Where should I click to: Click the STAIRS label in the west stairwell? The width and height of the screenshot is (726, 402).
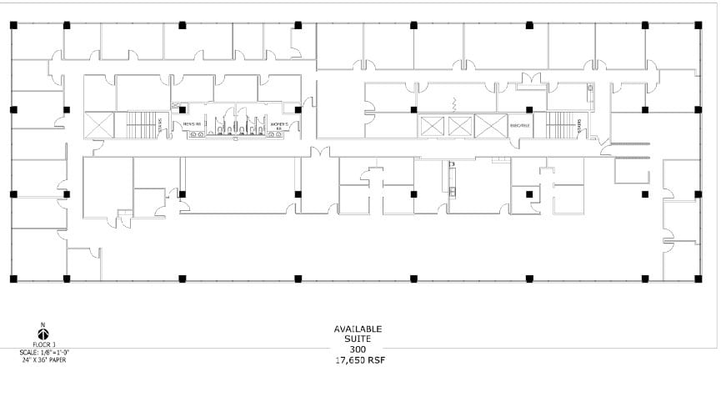(x=159, y=125)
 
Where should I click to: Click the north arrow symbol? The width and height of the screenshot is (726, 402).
(x=43, y=333)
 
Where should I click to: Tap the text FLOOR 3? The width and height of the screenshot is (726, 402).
(x=43, y=344)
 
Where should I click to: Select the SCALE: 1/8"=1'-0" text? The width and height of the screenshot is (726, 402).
(x=44, y=353)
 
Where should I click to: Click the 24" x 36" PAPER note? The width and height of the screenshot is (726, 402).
(x=44, y=359)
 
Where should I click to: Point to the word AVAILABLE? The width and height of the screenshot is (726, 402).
(x=358, y=329)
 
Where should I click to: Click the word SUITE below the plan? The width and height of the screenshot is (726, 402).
(x=358, y=339)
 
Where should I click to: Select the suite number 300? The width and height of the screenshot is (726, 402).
(x=358, y=349)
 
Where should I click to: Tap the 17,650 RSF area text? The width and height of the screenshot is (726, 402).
(x=358, y=360)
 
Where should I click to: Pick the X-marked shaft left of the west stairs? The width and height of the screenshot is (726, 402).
(x=99, y=125)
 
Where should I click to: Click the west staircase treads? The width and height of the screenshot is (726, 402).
(x=138, y=126)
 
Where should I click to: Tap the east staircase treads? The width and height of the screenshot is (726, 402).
(x=559, y=125)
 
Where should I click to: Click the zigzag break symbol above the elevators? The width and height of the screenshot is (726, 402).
(x=455, y=104)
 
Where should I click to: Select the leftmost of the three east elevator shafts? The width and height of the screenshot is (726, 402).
(x=433, y=127)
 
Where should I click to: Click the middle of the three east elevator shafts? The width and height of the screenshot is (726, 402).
(x=460, y=127)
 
